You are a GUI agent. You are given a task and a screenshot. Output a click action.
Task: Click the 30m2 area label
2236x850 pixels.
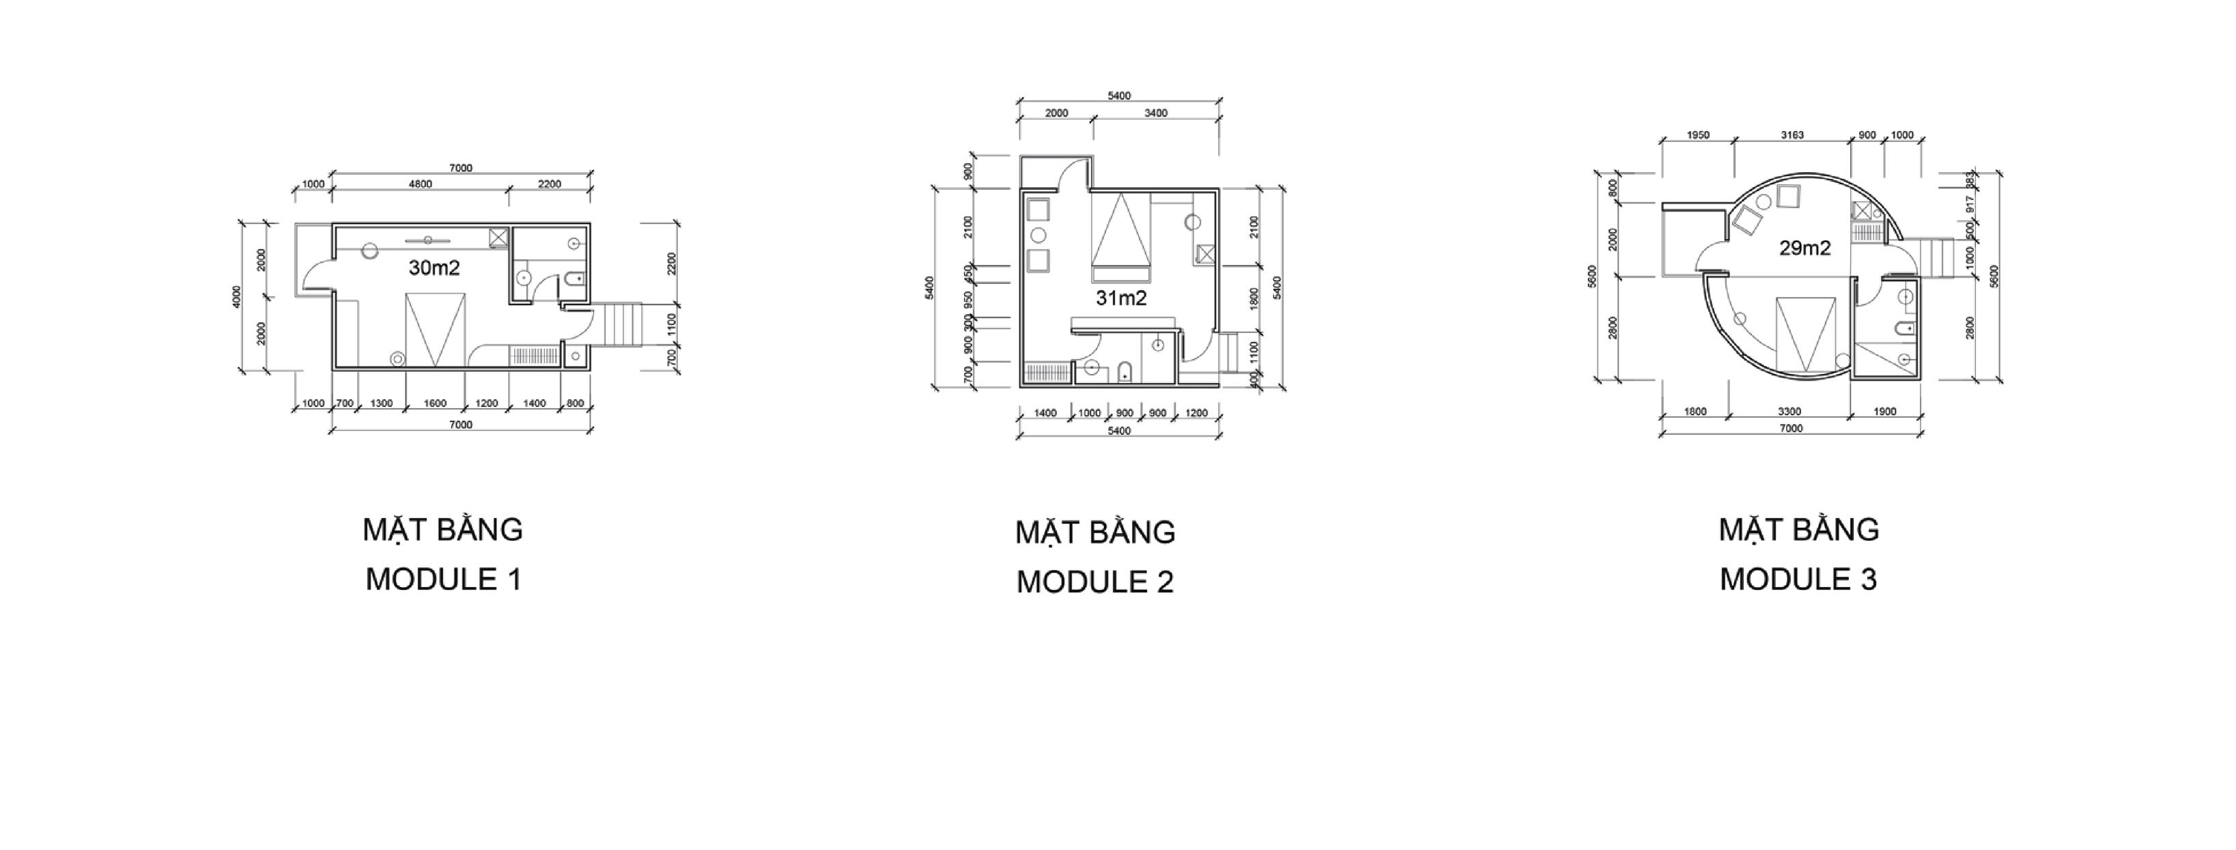pyautogui.click(x=434, y=268)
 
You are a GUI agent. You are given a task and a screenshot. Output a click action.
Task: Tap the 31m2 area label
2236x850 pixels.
pyautogui.click(x=1120, y=298)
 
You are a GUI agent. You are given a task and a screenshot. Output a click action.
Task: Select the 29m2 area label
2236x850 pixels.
pyautogui.click(x=1805, y=249)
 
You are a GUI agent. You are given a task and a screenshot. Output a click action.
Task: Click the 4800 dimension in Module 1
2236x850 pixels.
pyautogui.click(x=420, y=184)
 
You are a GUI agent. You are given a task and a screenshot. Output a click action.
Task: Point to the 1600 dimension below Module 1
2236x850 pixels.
pyautogui.click(x=435, y=403)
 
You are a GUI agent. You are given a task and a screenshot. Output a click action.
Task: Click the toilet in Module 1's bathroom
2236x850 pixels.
pyautogui.click(x=575, y=279)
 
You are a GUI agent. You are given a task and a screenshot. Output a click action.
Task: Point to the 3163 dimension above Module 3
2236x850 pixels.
pyautogui.click(x=1792, y=135)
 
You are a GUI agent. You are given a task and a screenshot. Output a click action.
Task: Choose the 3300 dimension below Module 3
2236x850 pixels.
pyautogui.click(x=1789, y=412)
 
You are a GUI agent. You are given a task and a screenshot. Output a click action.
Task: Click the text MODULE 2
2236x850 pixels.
pyautogui.click(x=1094, y=582)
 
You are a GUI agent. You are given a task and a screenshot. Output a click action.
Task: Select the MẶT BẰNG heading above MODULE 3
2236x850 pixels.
pyautogui.click(x=1798, y=530)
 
